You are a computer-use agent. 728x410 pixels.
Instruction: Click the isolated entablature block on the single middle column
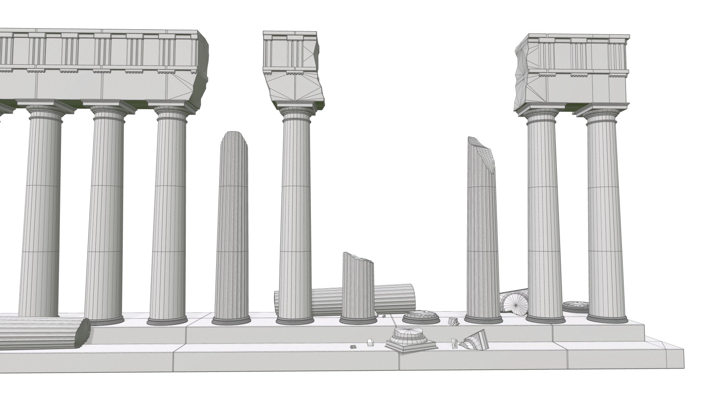point(292,68)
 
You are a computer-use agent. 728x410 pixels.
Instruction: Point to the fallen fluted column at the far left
point(42,332)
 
